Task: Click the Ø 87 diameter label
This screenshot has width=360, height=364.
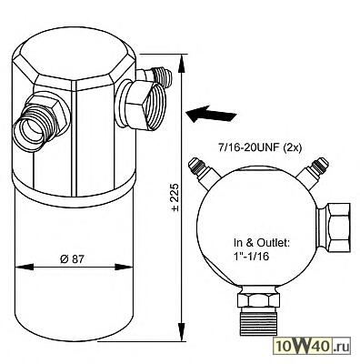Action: coord(72,259)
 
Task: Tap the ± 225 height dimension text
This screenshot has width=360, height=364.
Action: coord(175,197)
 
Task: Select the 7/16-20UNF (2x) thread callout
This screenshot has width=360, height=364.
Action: coord(260,149)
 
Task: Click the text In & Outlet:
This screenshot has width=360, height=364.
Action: coord(262,243)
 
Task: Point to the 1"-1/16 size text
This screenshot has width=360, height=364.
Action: coord(251,257)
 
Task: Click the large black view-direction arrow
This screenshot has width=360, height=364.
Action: coord(211,114)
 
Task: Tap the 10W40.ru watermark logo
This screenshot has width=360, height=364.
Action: coord(312,346)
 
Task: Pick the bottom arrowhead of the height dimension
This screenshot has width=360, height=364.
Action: coord(182,332)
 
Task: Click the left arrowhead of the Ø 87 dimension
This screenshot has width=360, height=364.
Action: coord(24,268)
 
